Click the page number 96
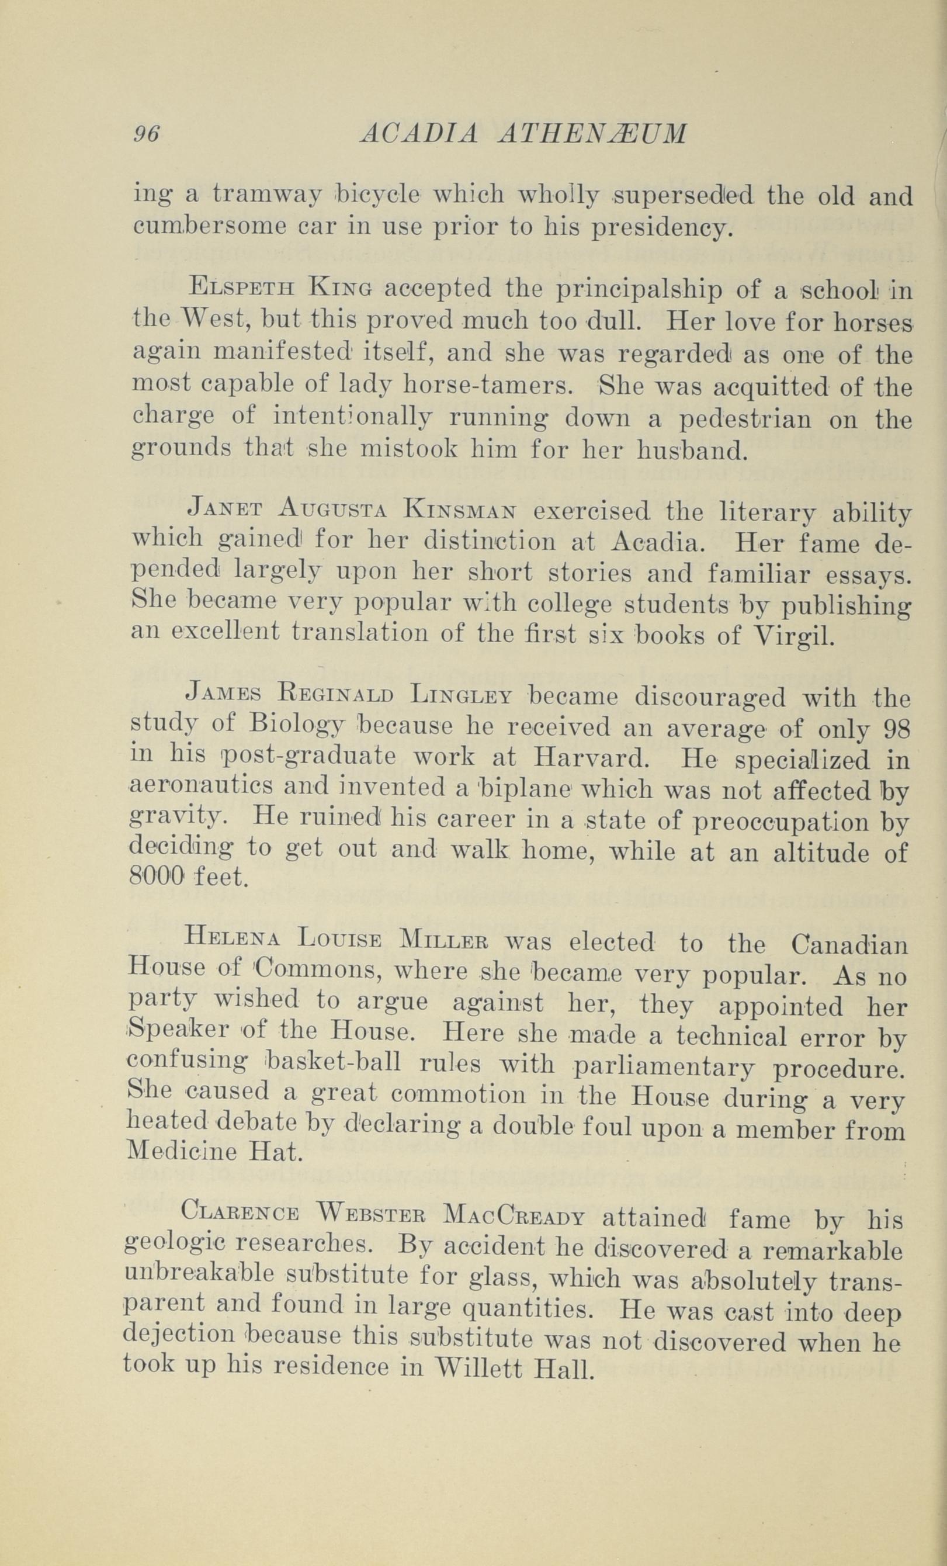146,135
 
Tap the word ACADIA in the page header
419,135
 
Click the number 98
897,730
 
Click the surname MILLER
446,943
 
